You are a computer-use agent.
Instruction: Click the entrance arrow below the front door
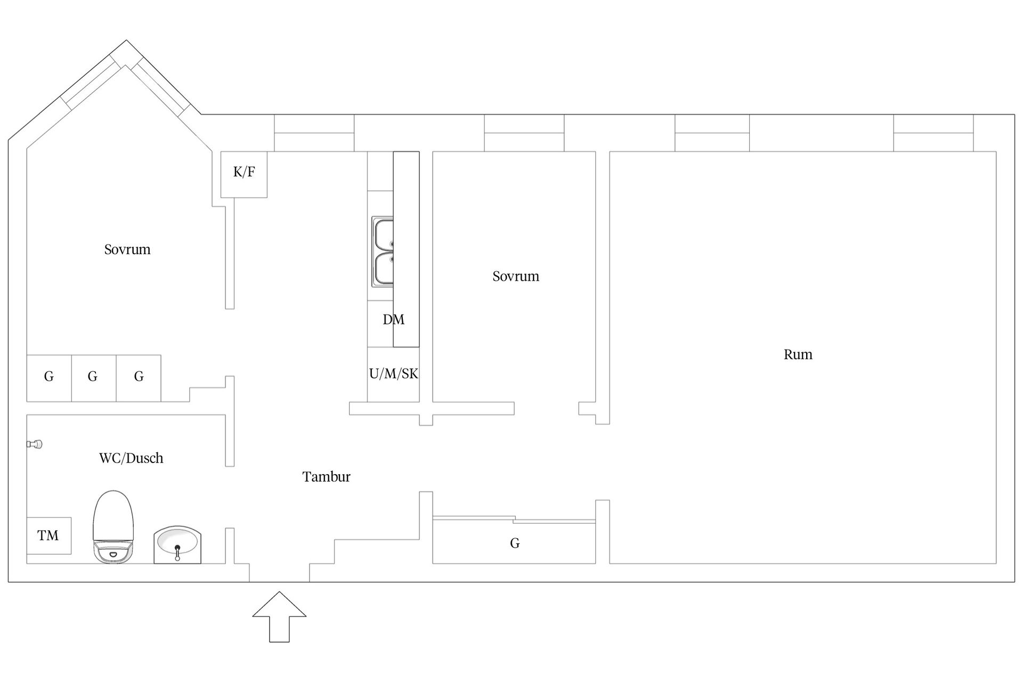click(279, 616)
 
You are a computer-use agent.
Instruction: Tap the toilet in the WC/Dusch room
click(112, 527)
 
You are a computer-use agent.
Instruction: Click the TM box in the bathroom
click(48, 535)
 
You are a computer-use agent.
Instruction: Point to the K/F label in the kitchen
click(244, 172)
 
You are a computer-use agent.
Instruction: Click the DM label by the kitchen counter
click(393, 320)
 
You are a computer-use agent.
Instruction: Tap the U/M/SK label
click(393, 374)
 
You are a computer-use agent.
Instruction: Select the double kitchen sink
click(383, 252)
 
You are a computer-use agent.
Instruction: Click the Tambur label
click(326, 477)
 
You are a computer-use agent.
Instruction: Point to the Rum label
click(798, 355)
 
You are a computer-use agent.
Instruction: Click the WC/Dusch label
click(131, 458)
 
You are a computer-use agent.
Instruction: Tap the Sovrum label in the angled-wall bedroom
click(127, 250)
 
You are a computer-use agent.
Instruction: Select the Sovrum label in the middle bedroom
click(516, 277)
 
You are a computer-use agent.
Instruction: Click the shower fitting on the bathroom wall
click(35, 444)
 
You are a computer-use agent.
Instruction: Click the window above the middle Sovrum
click(524, 133)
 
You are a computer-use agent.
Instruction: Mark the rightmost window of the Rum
click(933, 133)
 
